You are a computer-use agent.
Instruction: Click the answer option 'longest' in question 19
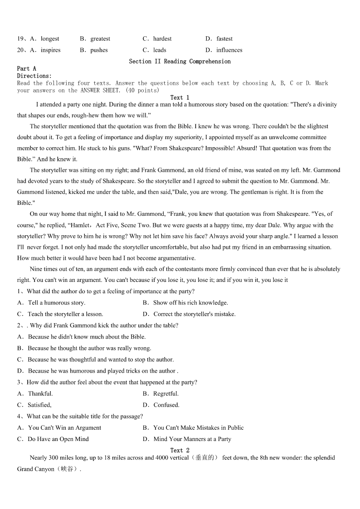coord(50,39)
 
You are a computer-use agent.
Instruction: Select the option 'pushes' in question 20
coord(99,50)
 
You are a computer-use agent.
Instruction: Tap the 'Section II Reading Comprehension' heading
coord(180,61)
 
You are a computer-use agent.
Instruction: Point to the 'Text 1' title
coord(180,97)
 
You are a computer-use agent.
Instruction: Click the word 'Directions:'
coord(34,76)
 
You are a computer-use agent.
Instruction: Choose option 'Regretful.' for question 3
coord(166,394)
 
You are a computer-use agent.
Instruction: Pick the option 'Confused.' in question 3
coord(166,405)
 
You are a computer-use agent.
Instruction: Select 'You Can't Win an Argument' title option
coord(64,428)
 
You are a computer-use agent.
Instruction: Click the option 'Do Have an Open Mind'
coord(58,439)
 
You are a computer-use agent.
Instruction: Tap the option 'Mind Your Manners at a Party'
coord(192,439)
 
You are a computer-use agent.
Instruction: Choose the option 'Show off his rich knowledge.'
coord(190,303)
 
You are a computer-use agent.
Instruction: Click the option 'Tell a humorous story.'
coord(56,303)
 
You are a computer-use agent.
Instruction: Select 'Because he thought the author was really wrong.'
coord(89,349)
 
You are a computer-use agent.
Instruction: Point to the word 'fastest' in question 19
coord(224,39)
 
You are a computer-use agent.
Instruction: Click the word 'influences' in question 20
coord(229,50)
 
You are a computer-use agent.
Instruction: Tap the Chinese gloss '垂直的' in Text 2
coord(207,458)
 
